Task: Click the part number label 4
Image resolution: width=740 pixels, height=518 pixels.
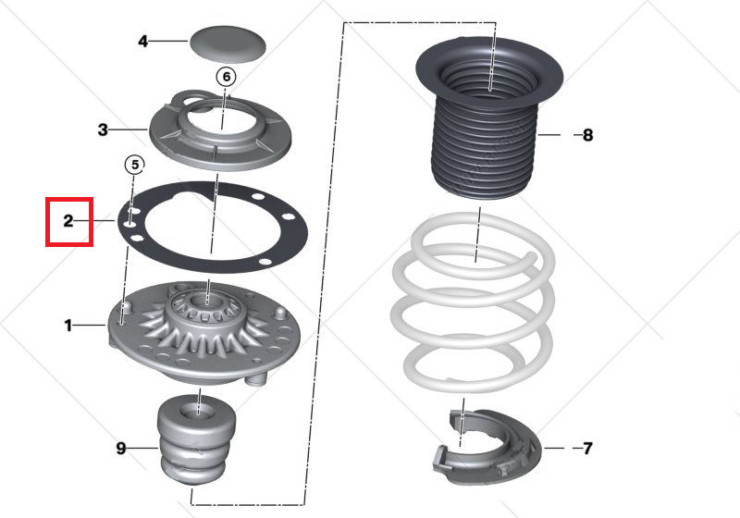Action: coord(142,42)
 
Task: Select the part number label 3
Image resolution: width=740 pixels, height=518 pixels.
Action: coord(103,129)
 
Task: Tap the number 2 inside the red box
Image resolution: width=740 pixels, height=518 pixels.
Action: coord(68,221)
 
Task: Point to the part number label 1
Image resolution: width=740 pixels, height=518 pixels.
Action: coord(68,326)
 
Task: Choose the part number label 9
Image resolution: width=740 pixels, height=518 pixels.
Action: coord(121,449)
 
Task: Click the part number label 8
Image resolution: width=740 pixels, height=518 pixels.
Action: coord(587,135)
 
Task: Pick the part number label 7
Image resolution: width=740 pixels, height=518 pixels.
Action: coord(587,449)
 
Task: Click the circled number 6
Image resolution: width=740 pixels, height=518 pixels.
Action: coord(226,77)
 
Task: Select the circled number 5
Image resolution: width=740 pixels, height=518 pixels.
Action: coord(135,166)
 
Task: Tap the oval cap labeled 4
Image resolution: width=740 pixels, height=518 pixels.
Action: coord(228,43)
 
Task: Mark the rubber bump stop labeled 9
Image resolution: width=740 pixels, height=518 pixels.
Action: coord(197,438)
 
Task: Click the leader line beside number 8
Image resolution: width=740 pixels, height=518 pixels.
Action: coord(549,135)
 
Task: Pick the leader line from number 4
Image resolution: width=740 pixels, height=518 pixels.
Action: coord(168,42)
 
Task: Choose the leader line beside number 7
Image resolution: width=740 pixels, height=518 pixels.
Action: coord(554,448)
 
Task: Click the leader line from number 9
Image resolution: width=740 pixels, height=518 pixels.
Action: coord(142,449)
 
